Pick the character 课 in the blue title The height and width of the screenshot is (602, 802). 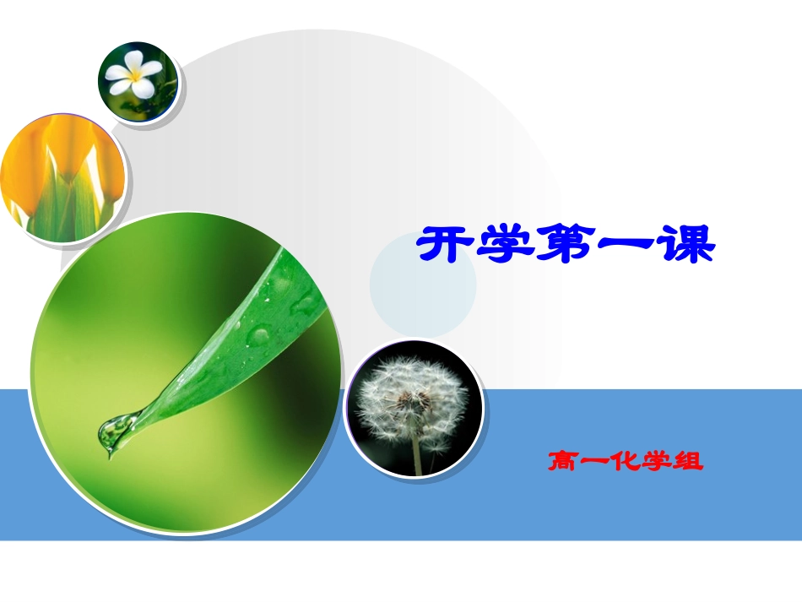(x=685, y=246)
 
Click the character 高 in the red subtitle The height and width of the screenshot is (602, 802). (x=563, y=463)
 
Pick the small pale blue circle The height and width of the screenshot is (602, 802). (x=423, y=285)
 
